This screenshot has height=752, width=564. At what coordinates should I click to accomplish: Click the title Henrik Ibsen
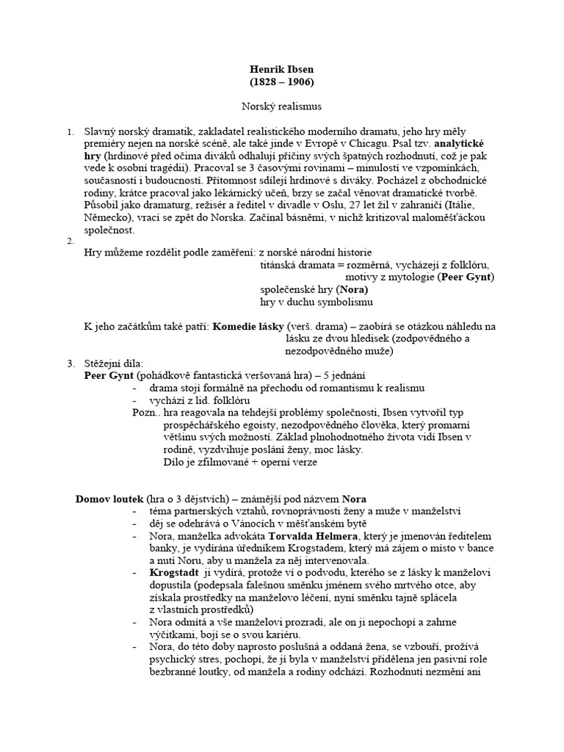(x=282, y=70)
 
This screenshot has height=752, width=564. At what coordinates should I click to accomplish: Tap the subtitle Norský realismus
(x=282, y=106)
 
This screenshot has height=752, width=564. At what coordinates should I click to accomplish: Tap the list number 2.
(x=70, y=242)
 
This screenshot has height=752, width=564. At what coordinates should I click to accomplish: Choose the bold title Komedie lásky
(x=252, y=326)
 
